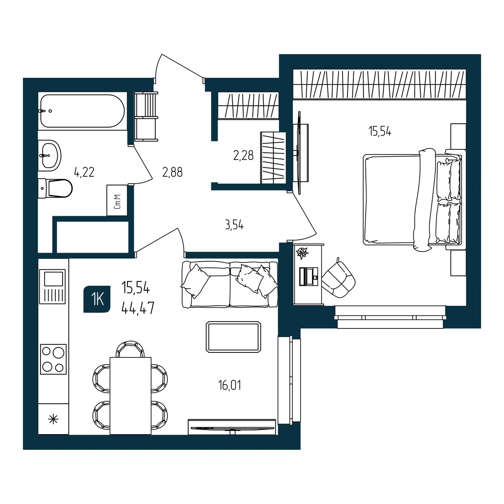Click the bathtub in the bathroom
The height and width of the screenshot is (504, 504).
tap(82, 111)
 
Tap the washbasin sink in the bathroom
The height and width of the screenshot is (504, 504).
tap(49, 155)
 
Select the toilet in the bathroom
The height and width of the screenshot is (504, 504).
tap(55, 188)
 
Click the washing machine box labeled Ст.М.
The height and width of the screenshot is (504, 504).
tap(117, 200)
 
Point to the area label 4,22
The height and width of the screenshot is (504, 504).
tap(84, 172)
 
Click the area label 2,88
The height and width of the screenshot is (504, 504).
tap(172, 172)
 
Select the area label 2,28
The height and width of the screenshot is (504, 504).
tap(243, 156)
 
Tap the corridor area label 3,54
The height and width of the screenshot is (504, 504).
tap(234, 225)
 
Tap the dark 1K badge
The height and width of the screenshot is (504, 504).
tap(97, 299)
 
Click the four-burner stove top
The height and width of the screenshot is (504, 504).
tap(53, 359)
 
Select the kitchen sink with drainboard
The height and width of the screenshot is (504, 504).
tap(52, 287)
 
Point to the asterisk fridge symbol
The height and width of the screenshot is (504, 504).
tap(53, 420)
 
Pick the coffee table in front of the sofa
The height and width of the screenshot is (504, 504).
tap(234, 337)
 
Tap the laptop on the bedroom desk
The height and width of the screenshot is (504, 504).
tap(309, 276)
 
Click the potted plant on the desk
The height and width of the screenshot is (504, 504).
tap(302, 253)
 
